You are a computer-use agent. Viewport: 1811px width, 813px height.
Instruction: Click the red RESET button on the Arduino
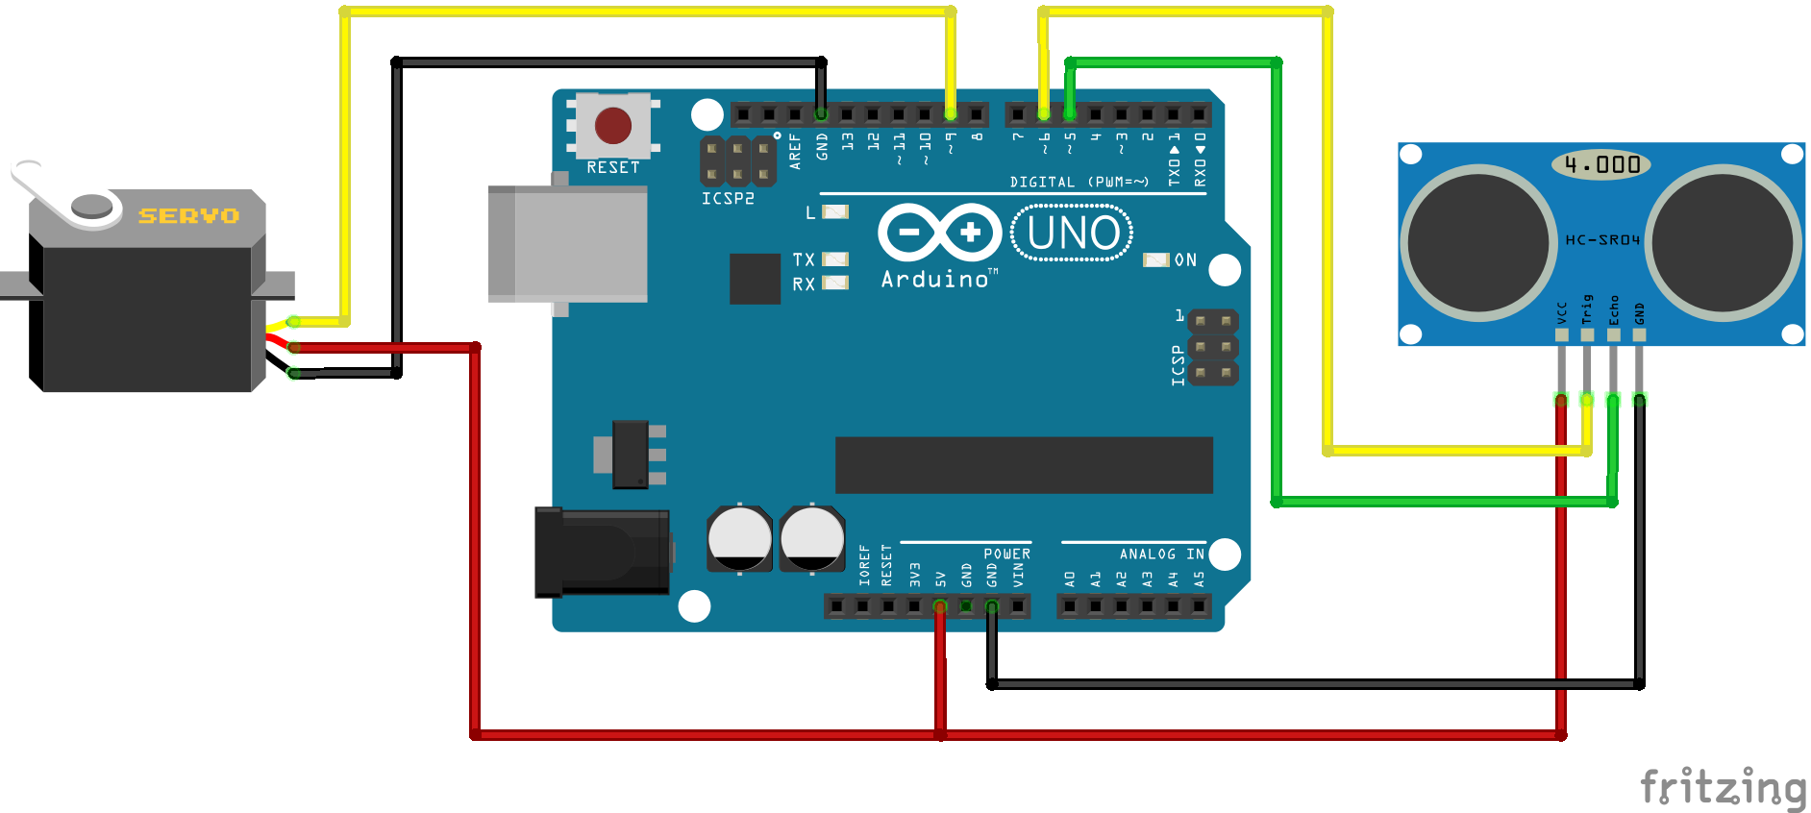click(613, 125)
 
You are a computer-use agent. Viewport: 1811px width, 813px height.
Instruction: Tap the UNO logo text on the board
click(1073, 234)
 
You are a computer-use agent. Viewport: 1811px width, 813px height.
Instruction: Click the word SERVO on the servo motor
click(188, 216)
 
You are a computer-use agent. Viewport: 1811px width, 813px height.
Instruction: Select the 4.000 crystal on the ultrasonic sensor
click(1600, 164)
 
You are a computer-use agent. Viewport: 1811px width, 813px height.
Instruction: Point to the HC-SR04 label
click(1601, 240)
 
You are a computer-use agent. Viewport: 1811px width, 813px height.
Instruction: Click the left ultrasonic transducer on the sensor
click(1477, 243)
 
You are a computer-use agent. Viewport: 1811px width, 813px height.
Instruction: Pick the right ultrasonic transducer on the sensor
click(1724, 243)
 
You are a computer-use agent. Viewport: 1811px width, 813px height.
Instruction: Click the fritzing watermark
click(1723, 787)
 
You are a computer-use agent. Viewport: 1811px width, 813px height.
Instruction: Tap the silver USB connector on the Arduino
click(567, 244)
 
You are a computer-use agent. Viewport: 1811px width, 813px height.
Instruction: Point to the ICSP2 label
click(728, 199)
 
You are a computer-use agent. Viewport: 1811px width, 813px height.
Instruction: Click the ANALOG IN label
click(1161, 554)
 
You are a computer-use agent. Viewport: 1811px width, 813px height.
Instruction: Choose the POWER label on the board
click(1006, 554)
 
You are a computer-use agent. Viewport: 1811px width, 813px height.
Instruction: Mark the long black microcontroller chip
click(1024, 465)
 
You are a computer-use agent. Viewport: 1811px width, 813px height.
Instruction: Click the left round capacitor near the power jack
click(739, 539)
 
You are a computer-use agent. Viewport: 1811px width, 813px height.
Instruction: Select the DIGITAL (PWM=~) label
click(1079, 182)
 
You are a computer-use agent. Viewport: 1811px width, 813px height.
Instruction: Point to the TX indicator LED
click(835, 259)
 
